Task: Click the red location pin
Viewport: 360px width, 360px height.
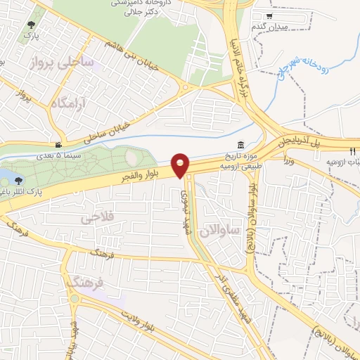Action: point(181,165)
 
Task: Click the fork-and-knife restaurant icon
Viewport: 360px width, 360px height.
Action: point(352,151)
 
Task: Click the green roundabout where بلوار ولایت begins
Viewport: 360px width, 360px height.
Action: point(74,298)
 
